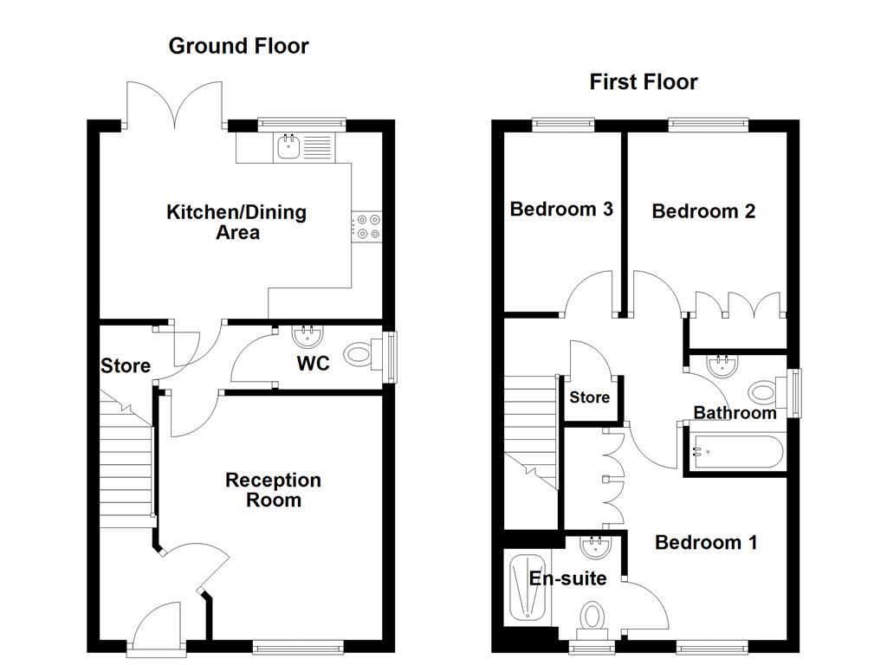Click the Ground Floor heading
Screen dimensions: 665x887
[238, 46]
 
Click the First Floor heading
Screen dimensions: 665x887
[644, 82]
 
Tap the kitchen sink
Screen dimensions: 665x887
[288, 148]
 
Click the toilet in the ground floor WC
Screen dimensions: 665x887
[359, 354]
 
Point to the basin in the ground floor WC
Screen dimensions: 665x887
[305, 334]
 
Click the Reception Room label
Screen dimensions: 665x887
[273, 490]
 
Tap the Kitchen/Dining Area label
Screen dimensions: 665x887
[236, 222]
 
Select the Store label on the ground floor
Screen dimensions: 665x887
[126, 366]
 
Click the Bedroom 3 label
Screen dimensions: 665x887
[561, 210]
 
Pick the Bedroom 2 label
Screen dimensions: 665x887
[703, 211]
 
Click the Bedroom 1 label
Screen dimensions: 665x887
[706, 543]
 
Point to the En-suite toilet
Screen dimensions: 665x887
[592, 617]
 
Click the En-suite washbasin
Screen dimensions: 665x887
[595, 547]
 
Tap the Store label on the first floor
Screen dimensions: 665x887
[589, 398]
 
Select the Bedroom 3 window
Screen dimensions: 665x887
[563, 125]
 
